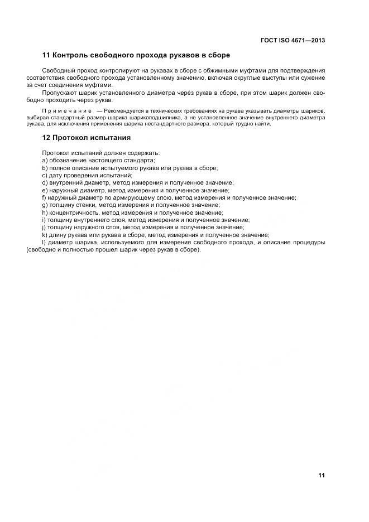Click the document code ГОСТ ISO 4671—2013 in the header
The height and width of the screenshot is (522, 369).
pyautogui.click(x=293, y=40)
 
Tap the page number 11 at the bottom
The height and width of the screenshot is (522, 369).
pyautogui.click(x=322, y=475)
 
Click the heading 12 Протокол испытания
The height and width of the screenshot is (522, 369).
pyautogui.click(x=87, y=138)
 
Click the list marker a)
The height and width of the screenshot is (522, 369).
pyautogui.click(x=45, y=161)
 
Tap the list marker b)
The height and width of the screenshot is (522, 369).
pyautogui.click(x=45, y=168)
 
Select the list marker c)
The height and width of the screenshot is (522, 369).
pyautogui.click(x=45, y=175)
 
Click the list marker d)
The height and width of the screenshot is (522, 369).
pyautogui.click(x=45, y=182)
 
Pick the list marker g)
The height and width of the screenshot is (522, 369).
pyautogui.click(x=45, y=205)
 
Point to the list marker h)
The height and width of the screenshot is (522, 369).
pyautogui.click(x=45, y=212)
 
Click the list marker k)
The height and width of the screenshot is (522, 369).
pyautogui.click(x=45, y=235)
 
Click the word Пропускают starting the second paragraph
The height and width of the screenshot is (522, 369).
pyautogui.click(x=57, y=93)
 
